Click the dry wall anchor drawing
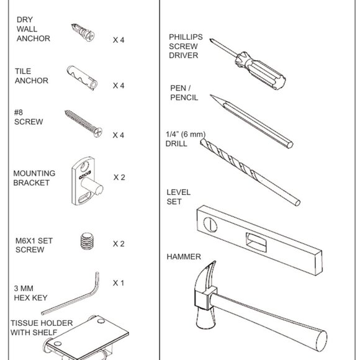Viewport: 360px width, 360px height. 83,32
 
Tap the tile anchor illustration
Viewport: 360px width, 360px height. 82,78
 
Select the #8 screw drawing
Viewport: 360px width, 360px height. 84,124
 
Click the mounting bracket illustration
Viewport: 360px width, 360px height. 86,181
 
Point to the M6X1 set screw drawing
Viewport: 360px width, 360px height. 87,241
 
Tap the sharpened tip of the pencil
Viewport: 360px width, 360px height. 211,95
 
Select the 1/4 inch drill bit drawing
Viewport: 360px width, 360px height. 250,172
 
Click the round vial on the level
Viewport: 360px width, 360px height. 210,225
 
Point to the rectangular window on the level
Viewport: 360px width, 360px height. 256,242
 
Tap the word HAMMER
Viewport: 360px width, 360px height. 184,257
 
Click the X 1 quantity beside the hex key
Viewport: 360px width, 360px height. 118,283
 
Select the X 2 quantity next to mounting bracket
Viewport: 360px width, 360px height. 119,178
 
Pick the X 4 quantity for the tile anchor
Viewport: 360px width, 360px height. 118,86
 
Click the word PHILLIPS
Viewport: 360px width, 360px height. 186,37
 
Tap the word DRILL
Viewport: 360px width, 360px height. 176,144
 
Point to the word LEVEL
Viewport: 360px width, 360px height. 178,192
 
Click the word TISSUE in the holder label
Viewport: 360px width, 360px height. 24,323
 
